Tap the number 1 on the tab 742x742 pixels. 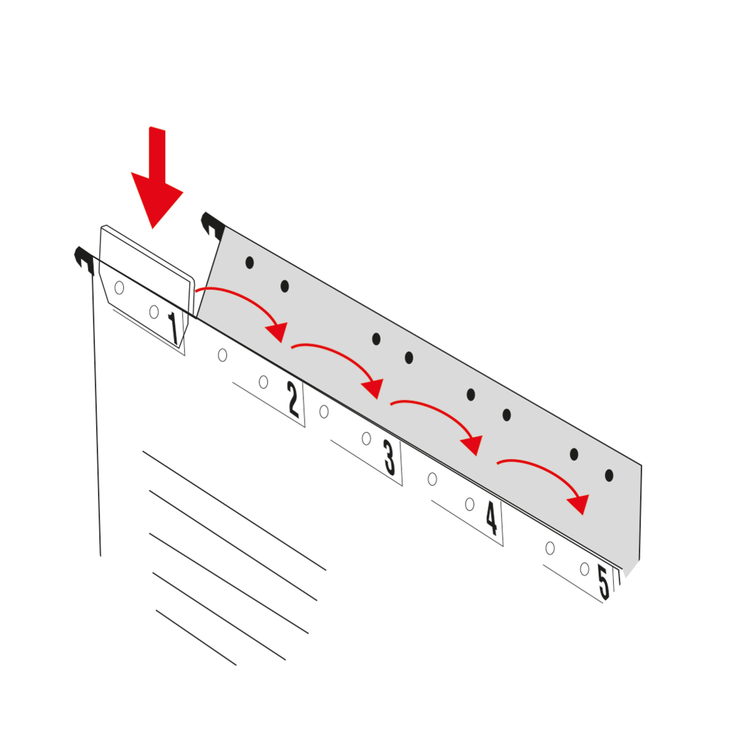tap(173, 328)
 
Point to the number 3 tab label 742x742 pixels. tap(389, 458)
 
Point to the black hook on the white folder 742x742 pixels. tap(84, 260)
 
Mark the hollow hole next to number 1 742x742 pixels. tap(154, 312)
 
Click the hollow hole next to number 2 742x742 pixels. tap(263, 382)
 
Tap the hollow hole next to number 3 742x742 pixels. tap(366, 439)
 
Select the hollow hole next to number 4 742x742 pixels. tap(470, 504)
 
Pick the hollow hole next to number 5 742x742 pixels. tap(584, 569)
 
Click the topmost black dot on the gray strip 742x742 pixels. tap(250, 263)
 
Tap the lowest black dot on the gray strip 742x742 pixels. tap(609, 475)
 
